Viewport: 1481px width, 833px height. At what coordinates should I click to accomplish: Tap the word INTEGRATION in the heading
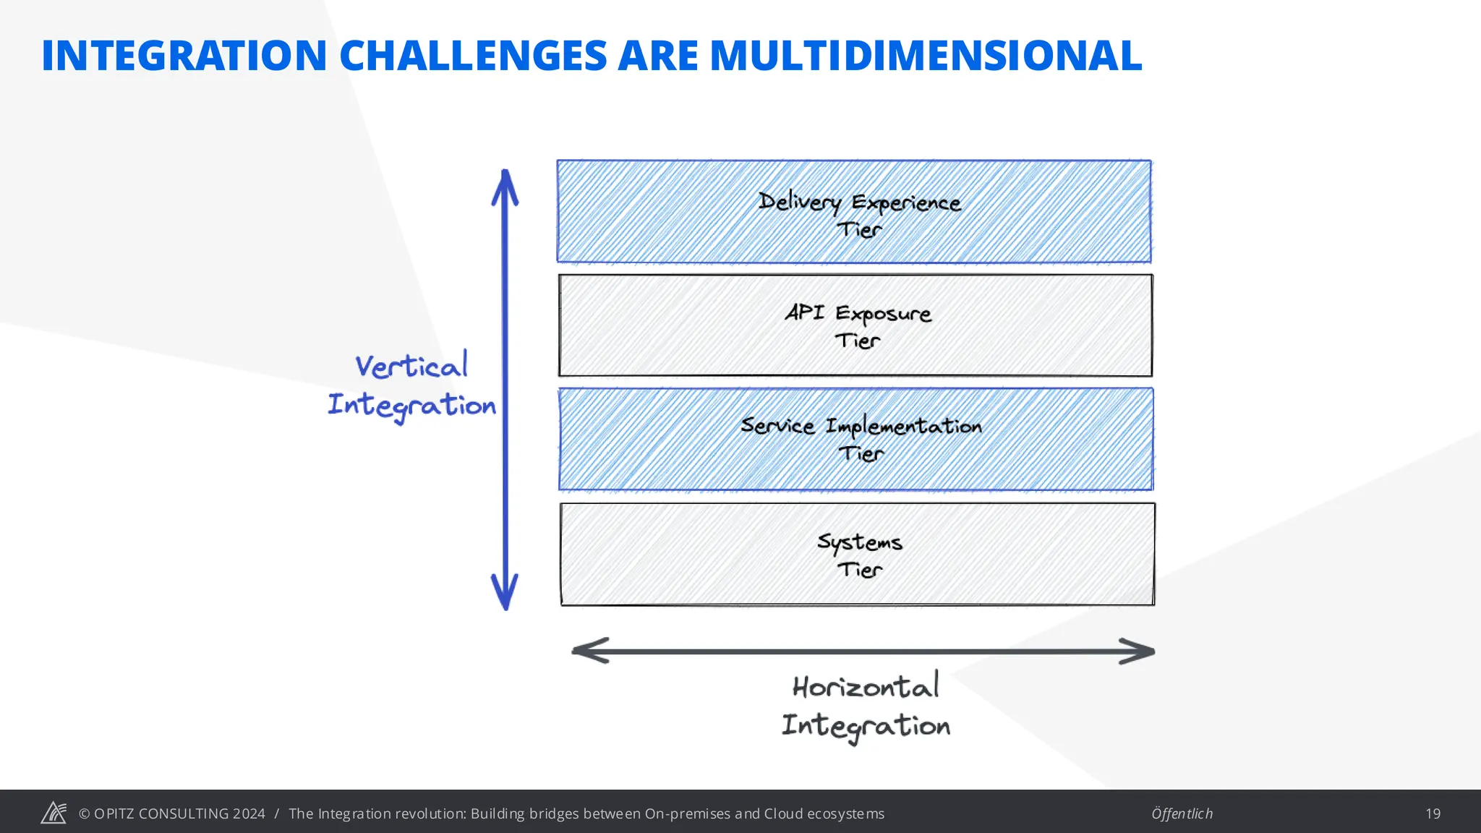pos(184,56)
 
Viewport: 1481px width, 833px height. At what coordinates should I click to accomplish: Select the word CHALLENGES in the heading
pos(473,56)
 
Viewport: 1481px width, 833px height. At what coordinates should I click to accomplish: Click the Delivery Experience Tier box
pos(853,212)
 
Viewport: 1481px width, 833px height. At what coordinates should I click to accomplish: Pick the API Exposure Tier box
pos(855,325)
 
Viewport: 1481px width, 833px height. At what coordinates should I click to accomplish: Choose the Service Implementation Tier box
pos(855,440)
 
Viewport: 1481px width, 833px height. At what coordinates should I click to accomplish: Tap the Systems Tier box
pos(857,555)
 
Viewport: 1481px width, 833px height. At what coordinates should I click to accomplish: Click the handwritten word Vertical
pos(411,366)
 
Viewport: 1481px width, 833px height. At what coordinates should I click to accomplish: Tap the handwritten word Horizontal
pos(866,686)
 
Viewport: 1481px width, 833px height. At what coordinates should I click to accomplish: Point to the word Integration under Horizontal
pos(866,725)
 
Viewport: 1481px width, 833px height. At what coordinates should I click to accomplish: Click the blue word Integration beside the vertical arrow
pos(411,405)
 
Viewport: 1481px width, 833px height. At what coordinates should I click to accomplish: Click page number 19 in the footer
pos(1433,813)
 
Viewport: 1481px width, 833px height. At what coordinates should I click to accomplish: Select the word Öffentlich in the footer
pos(1182,813)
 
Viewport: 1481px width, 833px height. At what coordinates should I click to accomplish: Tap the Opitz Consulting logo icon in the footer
pos(54,813)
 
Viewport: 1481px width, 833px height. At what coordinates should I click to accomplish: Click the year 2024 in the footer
pos(249,813)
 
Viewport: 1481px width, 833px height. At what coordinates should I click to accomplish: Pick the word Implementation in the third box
pos(903,427)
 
